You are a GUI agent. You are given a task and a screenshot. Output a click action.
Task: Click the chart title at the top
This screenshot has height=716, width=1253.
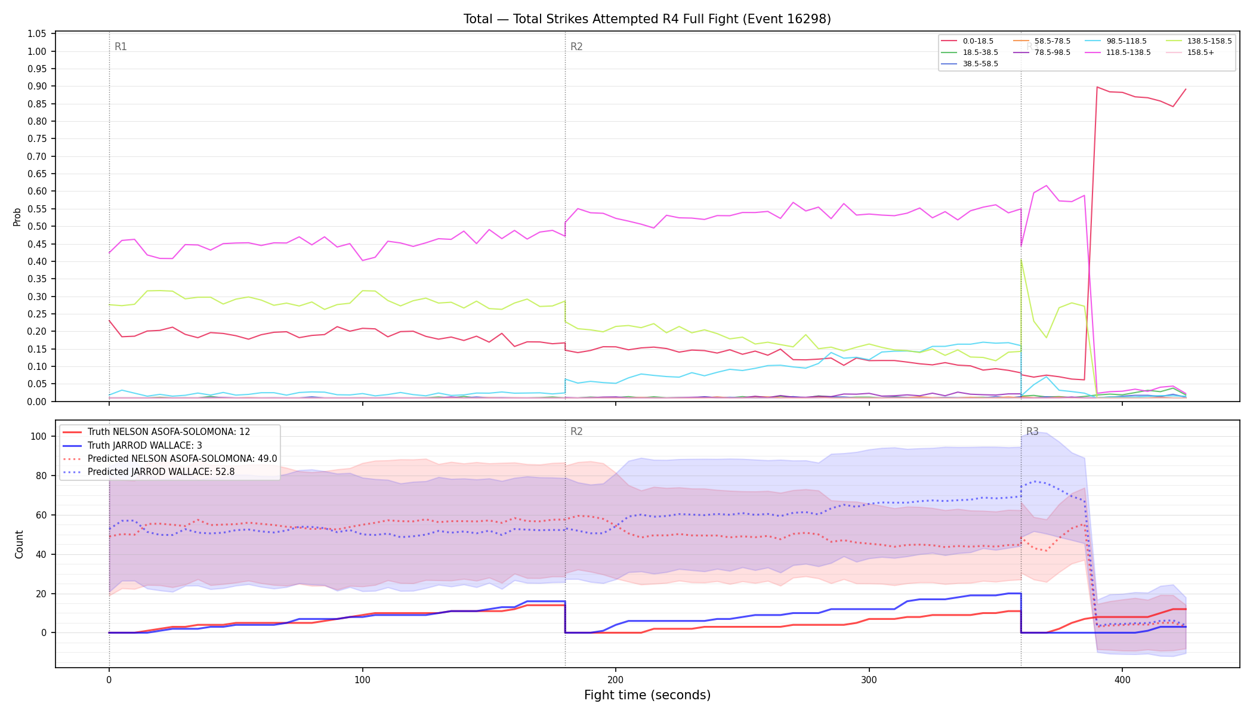[x=647, y=19]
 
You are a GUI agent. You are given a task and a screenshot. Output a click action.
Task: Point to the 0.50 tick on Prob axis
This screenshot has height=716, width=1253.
[x=37, y=227]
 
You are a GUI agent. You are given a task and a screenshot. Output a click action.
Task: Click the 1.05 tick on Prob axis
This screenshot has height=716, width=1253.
[x=37, y=34]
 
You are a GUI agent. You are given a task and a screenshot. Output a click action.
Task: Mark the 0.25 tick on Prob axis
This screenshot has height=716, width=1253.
[x=37, y=314]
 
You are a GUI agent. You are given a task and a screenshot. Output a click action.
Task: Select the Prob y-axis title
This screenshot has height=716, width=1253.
[x=17, y=217]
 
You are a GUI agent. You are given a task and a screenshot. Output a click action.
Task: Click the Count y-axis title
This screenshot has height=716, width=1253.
[x=19, y=544]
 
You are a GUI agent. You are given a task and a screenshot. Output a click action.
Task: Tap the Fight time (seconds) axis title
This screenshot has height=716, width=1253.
[x=647, y=695]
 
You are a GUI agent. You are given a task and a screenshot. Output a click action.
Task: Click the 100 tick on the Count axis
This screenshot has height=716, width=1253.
[x=38, y=436]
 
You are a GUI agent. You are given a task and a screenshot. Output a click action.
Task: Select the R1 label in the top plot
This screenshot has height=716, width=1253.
[x=121, y=47]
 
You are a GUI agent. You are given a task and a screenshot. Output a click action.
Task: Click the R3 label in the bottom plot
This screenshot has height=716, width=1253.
[x=1032, y=431]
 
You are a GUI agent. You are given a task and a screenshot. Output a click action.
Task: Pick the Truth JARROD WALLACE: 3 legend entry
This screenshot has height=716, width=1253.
[x=145, y=446]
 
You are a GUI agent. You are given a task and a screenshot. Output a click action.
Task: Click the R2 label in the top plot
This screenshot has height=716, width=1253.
[x=576, y=47]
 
